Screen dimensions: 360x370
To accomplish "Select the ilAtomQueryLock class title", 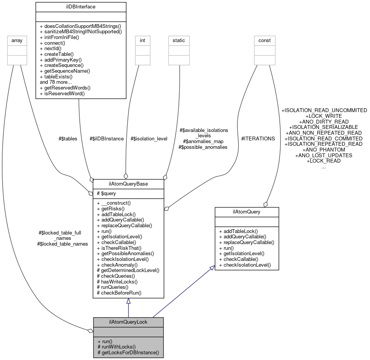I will tap(128, 322).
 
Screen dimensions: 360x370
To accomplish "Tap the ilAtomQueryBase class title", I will tap(128, 184).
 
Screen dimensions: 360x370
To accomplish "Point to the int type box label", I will tap(142, 40).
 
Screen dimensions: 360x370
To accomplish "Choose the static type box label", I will tap(179, 40).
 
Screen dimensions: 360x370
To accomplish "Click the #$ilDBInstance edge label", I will tap(106, 138).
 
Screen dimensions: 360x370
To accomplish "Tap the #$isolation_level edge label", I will tap(149, 138).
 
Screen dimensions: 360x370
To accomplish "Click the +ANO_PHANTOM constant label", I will tap(324, 150).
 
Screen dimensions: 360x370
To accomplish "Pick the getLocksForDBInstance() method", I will tap(128, 352).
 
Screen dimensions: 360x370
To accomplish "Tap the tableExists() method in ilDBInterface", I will tap(56, 77).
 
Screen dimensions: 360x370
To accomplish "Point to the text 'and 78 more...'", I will tap(56, 82).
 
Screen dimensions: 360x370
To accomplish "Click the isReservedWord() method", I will tap(62, 93).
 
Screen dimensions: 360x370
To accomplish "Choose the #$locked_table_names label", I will tap(62, 244).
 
